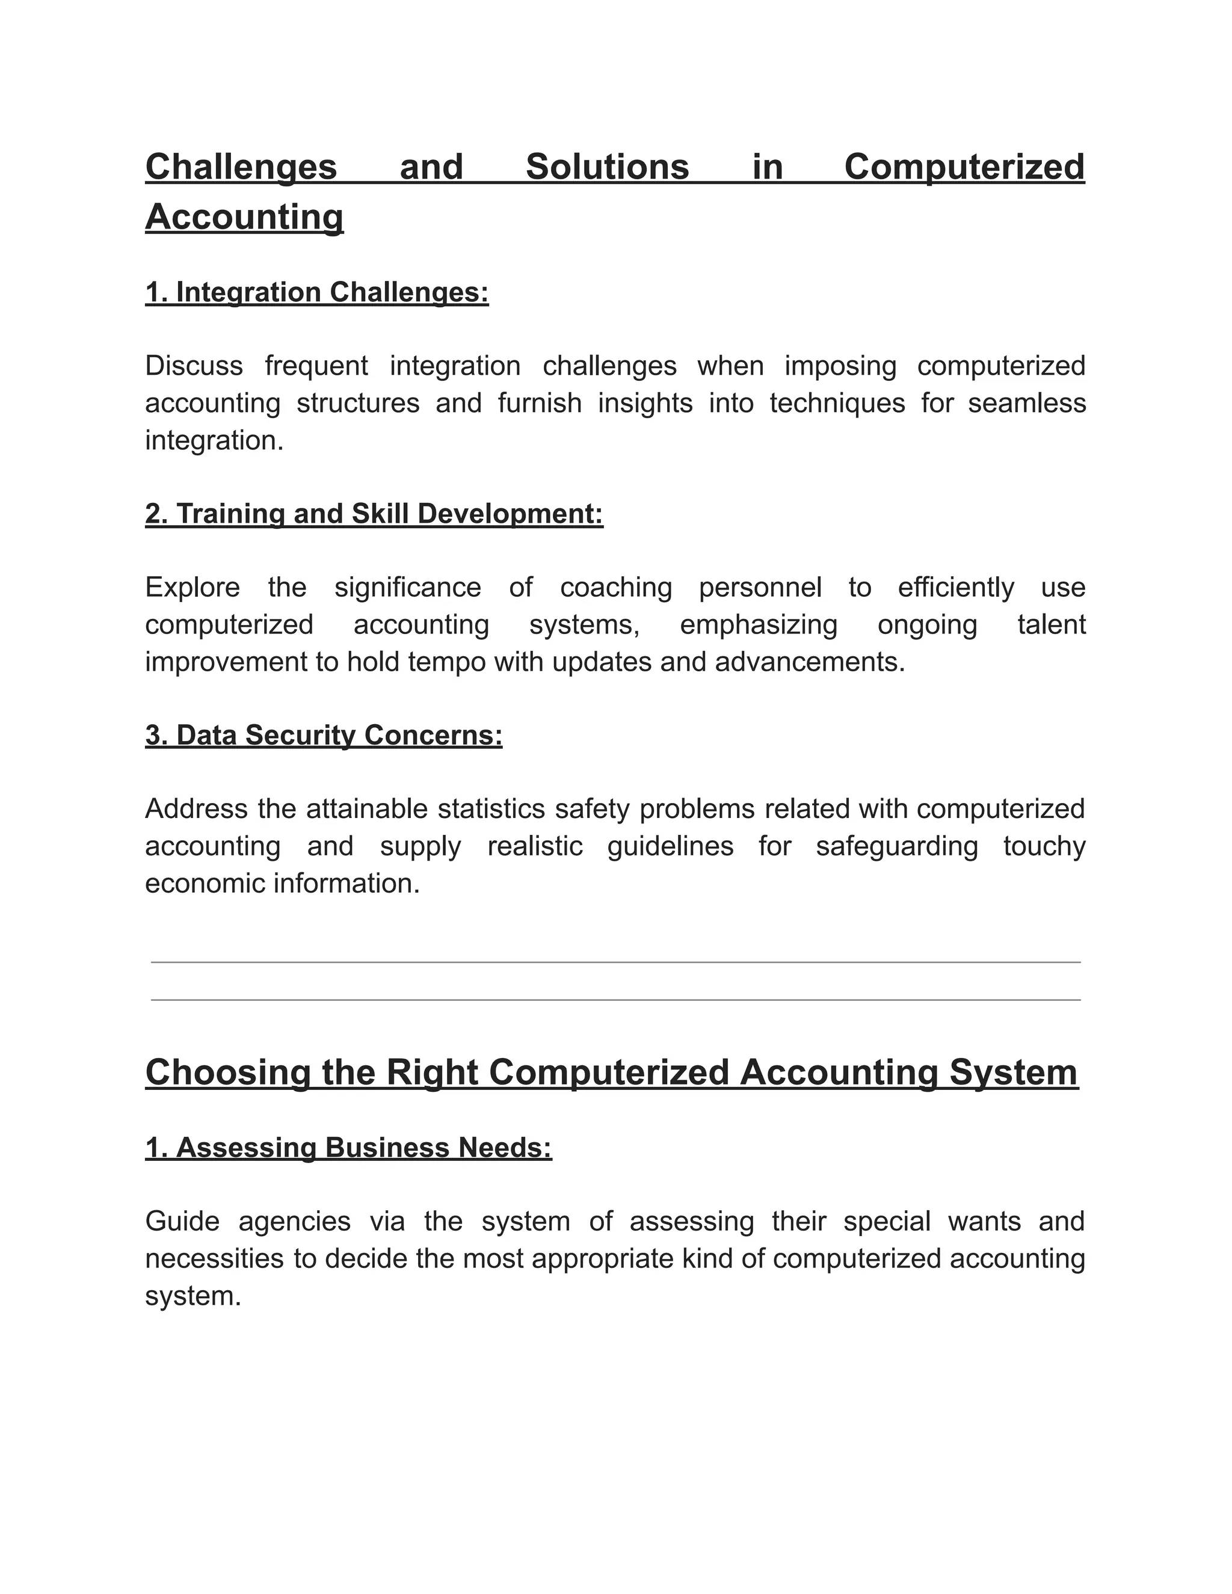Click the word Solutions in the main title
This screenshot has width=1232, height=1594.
click(x=607, y=167)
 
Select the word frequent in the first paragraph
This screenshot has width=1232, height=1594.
click(x=316, y=366)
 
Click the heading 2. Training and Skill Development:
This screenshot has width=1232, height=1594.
click(x=374, y=514)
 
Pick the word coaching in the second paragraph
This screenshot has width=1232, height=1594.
click(x=615, y=588)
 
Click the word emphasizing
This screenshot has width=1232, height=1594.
click(x=759, y=625)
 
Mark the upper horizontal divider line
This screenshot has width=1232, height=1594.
click(x=615, y=962)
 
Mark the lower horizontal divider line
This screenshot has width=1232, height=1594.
click(x=615, y=1000)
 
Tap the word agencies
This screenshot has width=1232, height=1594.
click(x=294, y=1221)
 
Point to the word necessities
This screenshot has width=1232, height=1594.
click(x=214, y=1258)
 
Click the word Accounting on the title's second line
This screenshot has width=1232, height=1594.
click(x=244, y=218)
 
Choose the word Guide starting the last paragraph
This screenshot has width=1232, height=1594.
click(x=182, y=1221)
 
